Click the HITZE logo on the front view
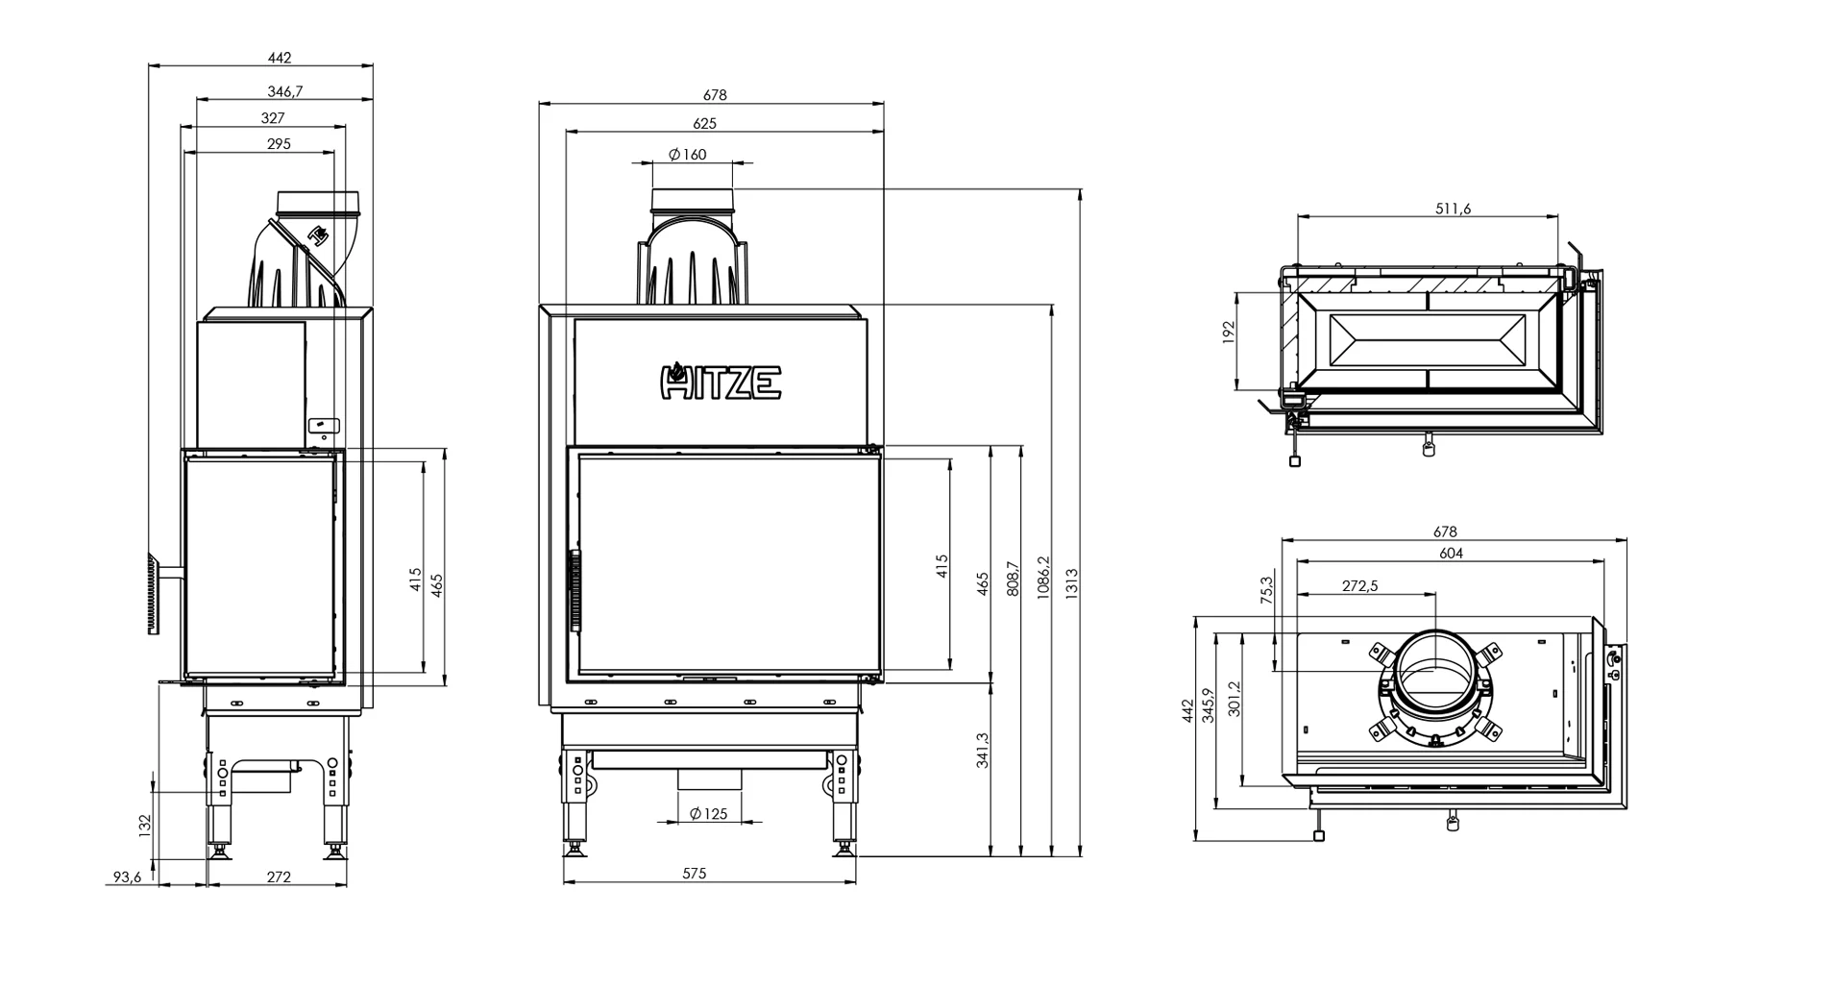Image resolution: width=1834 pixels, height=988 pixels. (x=721, y=381)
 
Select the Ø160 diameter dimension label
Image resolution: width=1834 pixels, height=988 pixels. (x=688, y=154)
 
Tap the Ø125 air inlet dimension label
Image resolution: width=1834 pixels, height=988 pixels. (x=709, y=814)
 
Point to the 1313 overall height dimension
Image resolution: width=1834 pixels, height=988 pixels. (x=1072, y=584)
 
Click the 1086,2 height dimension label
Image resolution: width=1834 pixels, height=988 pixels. (x=1044, y=578)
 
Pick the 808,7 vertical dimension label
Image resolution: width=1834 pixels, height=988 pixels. (x=1013, y=580)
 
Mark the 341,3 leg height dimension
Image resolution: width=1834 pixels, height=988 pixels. (x=982, y=751)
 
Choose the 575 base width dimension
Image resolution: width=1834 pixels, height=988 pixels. (x=695, y=874)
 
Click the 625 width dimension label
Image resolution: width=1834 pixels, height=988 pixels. (x=704, y=123)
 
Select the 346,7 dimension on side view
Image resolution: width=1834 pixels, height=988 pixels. (x=286, y=91)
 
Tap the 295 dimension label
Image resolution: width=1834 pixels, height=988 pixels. (x=279, y=144)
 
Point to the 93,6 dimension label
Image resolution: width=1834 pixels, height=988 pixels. (x=127, y=877)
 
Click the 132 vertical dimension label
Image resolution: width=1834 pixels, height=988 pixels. (x=145, y=826)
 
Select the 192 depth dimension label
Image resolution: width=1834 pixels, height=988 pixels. (x=1227, y=333)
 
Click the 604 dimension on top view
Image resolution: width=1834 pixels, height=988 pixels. (x=1451, y=554)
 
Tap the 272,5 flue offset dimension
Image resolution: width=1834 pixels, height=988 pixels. (x=1359, y=585)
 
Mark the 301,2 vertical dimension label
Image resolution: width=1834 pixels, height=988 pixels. (x=1235, y=700)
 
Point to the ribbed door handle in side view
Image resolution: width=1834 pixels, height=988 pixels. (x=153, y=593)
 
